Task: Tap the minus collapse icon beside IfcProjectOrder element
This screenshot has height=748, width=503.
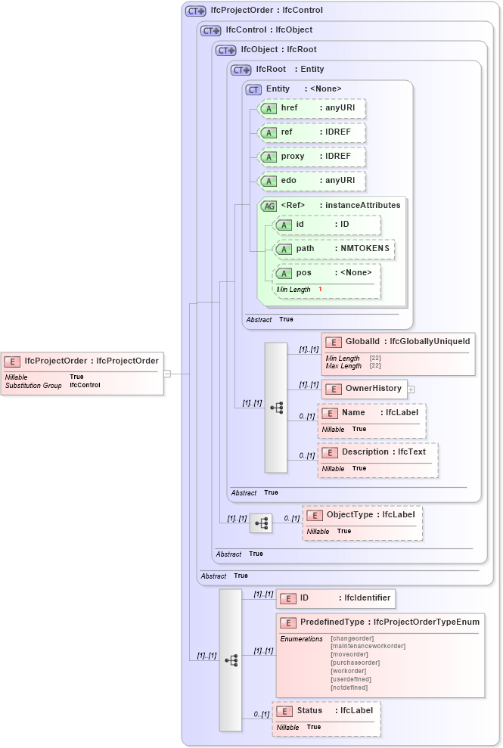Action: (167, 373)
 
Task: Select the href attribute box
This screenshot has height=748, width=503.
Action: (312, 108)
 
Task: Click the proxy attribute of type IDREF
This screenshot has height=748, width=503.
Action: (312, 157)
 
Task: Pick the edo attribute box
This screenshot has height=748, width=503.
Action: (312, 181)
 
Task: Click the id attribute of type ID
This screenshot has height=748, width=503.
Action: (327, 225)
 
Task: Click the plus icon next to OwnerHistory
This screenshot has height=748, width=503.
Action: (411, 389)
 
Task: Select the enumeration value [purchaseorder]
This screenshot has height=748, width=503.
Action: (355, 663)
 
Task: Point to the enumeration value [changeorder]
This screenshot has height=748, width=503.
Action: (352, 638)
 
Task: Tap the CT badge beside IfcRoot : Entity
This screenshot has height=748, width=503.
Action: (241, 70)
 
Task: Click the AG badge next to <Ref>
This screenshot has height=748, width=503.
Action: (269, 206)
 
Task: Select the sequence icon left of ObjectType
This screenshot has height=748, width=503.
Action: (261, 523)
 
